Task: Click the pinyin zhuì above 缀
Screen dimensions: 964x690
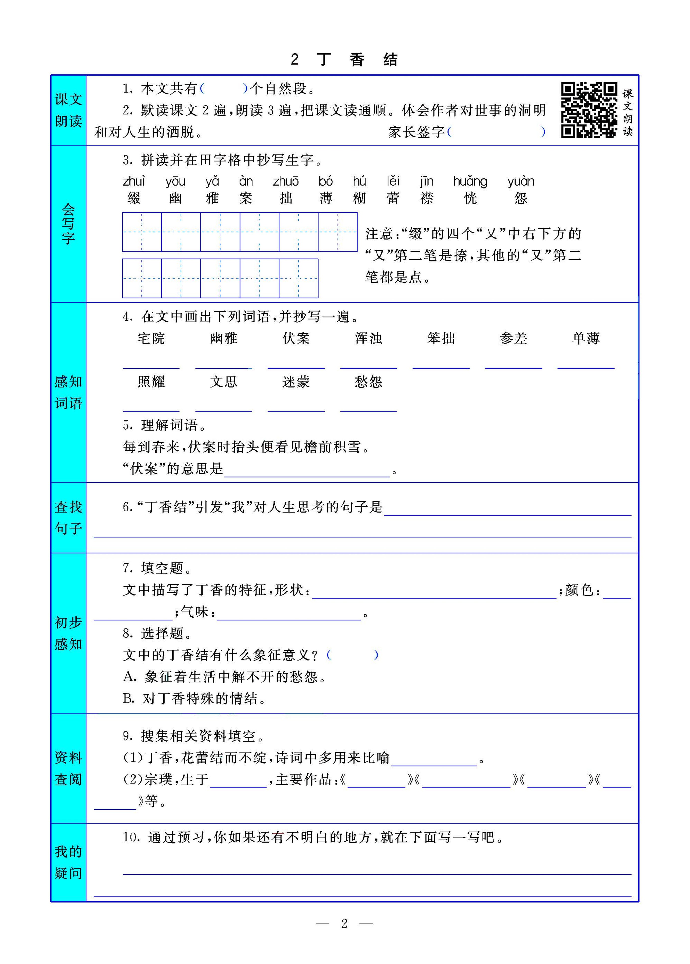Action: tap(134, 181)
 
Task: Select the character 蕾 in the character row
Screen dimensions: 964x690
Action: tap(393, 198)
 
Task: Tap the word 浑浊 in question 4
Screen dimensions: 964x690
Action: tap(368, 338)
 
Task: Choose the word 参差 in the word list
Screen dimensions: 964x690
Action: tap(513, 338)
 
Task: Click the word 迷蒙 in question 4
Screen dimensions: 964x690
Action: tap(296, 382)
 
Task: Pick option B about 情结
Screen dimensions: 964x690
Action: tap(194, 698)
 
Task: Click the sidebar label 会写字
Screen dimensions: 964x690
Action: tap(68, 224)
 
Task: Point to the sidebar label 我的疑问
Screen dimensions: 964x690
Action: tap(68, 862)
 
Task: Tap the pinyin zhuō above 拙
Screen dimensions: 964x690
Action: tap(286, 181)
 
